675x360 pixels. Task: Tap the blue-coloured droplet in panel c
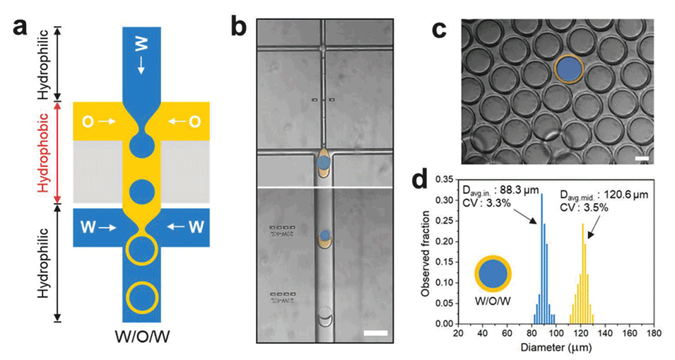pyautogui.click(x=568, y=69)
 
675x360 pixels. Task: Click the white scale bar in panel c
pyautogui.click(x=642, y=159)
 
